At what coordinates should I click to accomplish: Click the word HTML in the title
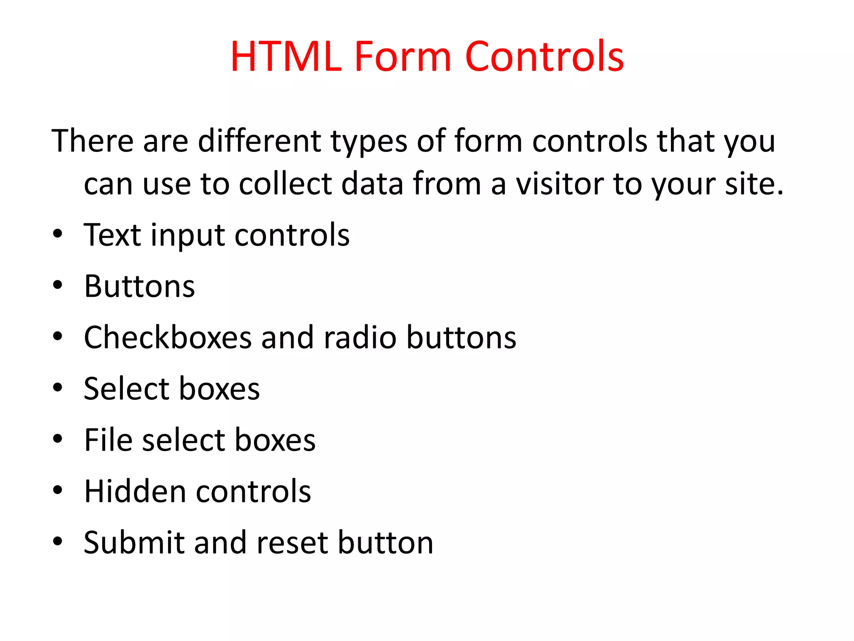(x=286, y=57)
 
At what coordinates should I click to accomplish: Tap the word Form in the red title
(x=402, y=57)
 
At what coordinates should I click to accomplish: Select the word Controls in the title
(x=544, y=57)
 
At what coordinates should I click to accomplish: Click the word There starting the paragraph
(x=92, y=141)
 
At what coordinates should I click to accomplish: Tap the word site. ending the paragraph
(x=754, y=184)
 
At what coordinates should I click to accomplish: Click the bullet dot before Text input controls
(x=58, y=234)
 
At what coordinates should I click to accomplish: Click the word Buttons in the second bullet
(x=139, y=286)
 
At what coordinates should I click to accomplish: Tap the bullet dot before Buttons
(x=58, y=285)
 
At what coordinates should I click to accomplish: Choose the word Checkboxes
(x=168, y=337)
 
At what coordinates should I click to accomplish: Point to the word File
(x=108, y=440)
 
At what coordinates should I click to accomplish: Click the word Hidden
(x=135, y=491)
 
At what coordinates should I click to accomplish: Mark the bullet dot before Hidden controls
(x=58, y=490)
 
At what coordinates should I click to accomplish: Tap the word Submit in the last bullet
(x=133, y=543)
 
